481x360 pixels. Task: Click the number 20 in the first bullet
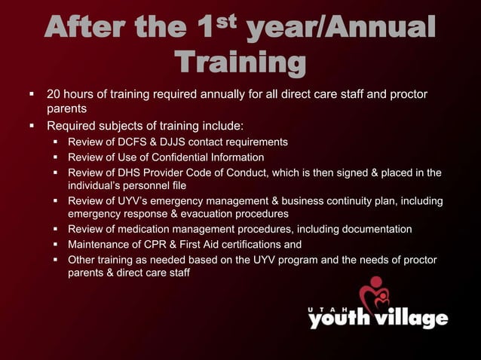tap(54, 96)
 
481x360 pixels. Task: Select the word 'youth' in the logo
tap(337, 319)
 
